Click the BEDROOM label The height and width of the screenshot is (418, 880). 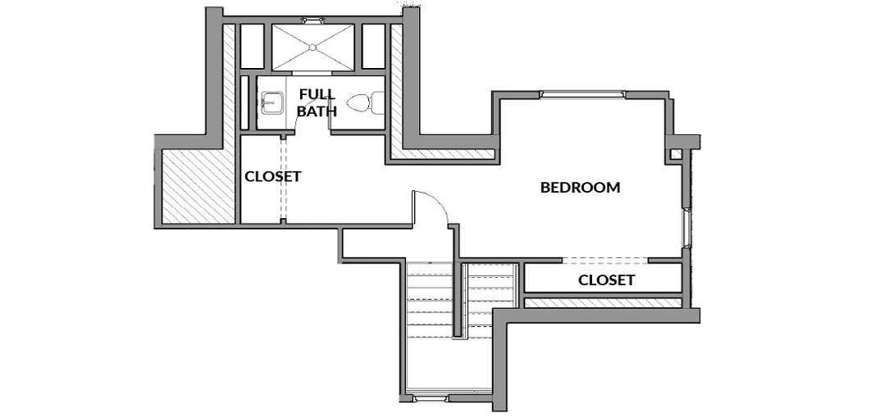pyautogui.click(x=580, y=188)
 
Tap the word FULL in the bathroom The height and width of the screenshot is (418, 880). pyautogui.click(x=317, y=94)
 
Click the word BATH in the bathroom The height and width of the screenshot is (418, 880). pyautogui.click(x=317, y=111)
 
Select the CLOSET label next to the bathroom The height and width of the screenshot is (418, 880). pyautogui.click(x=273, y=176)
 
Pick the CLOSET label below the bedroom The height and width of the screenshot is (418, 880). pyautogui.click(x=607, y=280)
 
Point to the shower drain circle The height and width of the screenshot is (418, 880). pyautogui.click(x=312, y=48)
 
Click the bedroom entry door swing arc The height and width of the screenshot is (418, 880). pyautogui.click(x=439, y=201)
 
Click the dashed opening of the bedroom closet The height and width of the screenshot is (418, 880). pyautogui.click(x=605, y=260)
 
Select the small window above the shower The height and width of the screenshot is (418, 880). pyautogui.click(x=312, y=20)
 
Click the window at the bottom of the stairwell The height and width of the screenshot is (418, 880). pyautogui.click(x=431, y=399)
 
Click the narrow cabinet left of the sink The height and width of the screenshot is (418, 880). pyautogui.click(x=244, y=102)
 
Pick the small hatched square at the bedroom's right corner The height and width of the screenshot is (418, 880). pyautogui.click(x=677, y=154)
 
